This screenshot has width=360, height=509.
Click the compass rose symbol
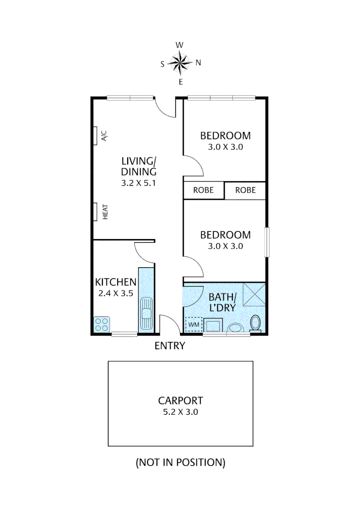[x=180, y=63]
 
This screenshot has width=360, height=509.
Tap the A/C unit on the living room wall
[x=96, y=135]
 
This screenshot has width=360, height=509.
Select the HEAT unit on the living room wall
[x=96, y=212]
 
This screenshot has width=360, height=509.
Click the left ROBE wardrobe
[x=204, y=190]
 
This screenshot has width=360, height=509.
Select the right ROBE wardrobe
[x=245, y=190]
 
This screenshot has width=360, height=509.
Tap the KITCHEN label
[x=115, y=283]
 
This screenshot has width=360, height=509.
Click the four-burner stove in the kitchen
[x=101, y=324]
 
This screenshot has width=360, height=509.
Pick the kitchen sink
[x=146, y=312]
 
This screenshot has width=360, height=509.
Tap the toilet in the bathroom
[x=255, y=323]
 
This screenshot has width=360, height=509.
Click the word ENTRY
[x=170, y=346]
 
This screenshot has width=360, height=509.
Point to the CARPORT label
[x=180, y=401]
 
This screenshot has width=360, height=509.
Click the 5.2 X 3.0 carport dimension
[x=180, y=412]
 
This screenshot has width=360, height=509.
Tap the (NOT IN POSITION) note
[x=180, y=463]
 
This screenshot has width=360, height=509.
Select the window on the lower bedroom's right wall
[x=267, y=242]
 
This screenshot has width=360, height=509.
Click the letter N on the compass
[x=198, y=63]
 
